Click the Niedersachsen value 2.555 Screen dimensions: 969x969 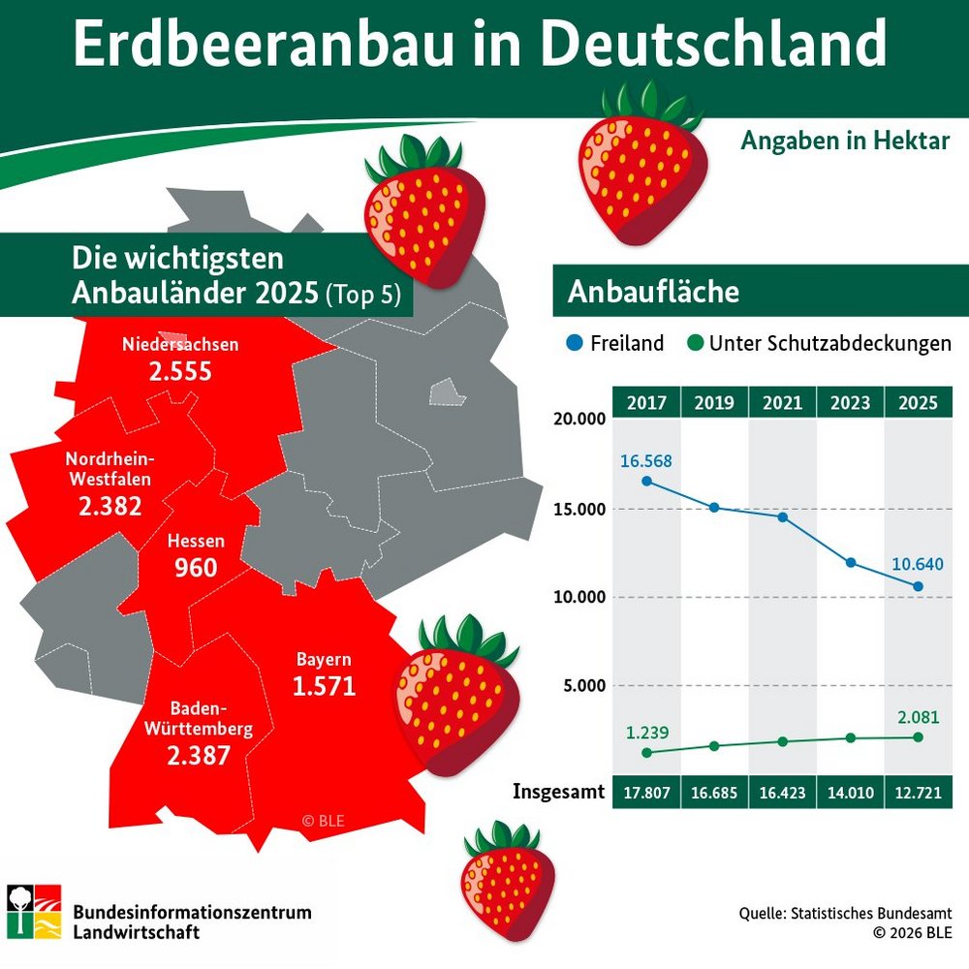click(x=180, y=371)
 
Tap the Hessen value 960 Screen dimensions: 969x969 click(x=196, y=568)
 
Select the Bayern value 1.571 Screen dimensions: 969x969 click(x=324, y=686)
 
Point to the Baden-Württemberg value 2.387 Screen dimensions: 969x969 click(x=199, y=755)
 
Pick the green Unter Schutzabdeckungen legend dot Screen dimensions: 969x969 click(x=695, y=343)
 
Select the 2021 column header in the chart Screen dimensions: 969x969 click(x=782, y=402)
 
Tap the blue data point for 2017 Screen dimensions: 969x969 click(x=646, y=481)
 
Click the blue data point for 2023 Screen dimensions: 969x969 click(x=851, y=562)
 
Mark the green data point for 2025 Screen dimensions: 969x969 click(x=919, y=736)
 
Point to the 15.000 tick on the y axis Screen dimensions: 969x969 click(x=578, y=509)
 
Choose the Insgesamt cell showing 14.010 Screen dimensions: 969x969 click(x=851, y=793)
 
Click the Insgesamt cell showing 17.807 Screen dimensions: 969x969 click(x=646, y=793)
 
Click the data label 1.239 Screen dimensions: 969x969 click(x=645, y=732)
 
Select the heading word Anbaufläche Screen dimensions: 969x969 click(x=653, y=292)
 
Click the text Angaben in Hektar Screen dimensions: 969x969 click(x=845, y=141)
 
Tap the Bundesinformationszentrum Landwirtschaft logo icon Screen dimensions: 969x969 click(x=34, y=911)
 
